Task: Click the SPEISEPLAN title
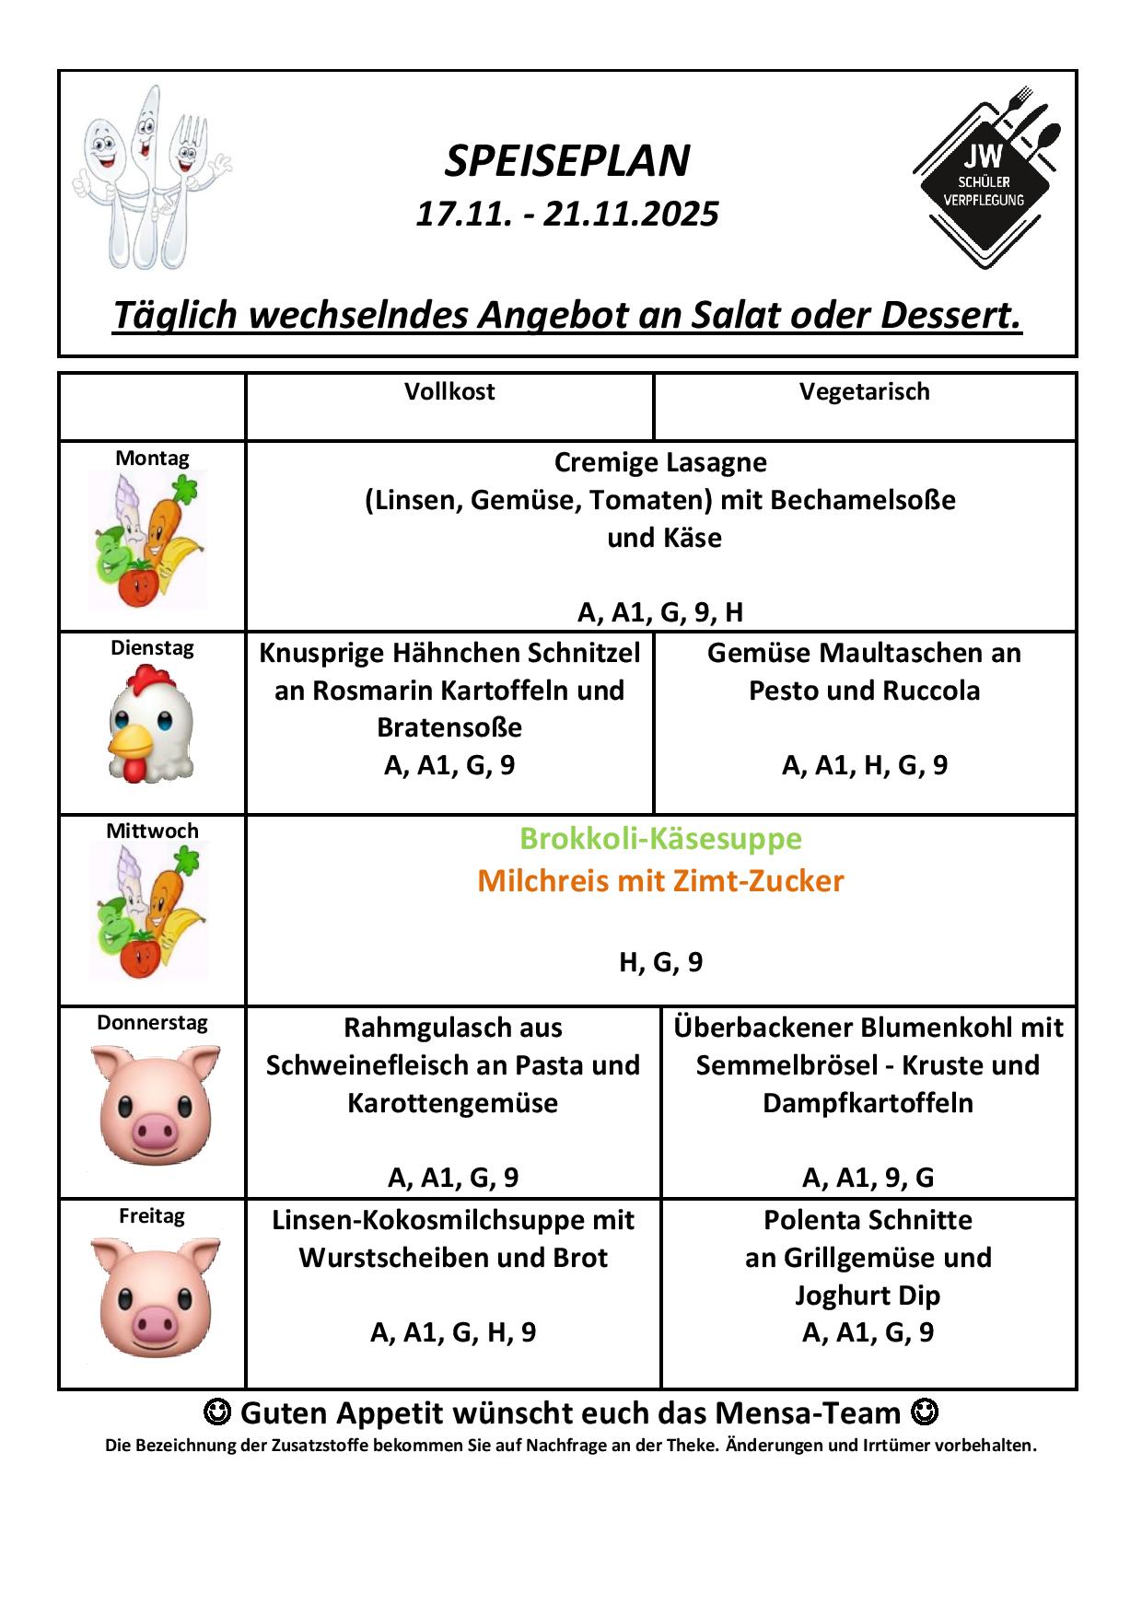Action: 567,161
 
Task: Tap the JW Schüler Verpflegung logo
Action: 986,177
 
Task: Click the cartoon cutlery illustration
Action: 150,177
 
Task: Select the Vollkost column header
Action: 449,391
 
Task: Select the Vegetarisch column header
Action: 864,391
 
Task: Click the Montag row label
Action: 152,458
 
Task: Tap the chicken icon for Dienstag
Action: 152,725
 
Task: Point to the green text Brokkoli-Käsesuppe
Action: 660,839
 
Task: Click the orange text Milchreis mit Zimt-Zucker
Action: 660,881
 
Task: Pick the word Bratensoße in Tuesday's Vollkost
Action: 449,727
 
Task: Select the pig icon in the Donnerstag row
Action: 155,1104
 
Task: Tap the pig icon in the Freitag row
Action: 155,1296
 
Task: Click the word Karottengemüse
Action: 452,1103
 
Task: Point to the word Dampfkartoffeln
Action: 868,1103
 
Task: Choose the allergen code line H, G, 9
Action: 660,962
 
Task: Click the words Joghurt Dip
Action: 868,1295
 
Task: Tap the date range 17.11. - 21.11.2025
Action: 567,214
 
